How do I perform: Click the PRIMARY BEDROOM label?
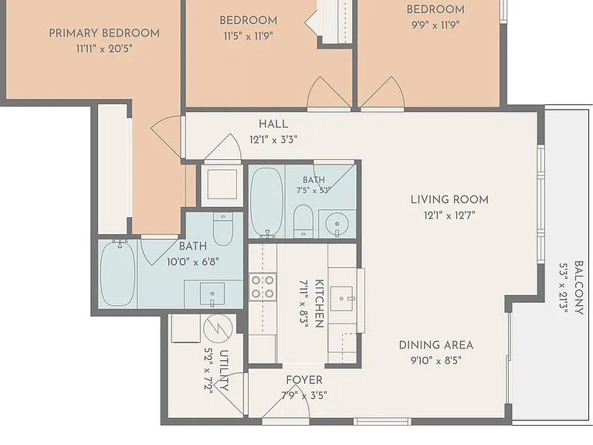tap(104, 33)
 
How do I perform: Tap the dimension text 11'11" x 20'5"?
tap(104, 49)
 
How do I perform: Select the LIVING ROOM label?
tap(449, 199)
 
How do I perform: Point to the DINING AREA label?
tap(436, 345)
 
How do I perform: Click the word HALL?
tap(273, 124)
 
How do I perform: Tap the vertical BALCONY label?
tap(578, 287)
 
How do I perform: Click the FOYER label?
tap(304, 380)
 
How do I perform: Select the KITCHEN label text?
tap(319, 303)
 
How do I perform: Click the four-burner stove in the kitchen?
tap(263, 287)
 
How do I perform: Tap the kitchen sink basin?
tap(341, 298)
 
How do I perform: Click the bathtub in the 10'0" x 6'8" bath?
tap(117, 274)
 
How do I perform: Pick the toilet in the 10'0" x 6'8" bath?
tap(222, 229)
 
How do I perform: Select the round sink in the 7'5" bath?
tap(337, 222)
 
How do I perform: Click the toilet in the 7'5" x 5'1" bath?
tap(303, 221)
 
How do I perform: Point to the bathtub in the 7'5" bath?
tap(266, 202)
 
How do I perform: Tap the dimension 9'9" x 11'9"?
tap(435, 25)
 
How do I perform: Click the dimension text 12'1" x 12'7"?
tap(449, 216)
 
